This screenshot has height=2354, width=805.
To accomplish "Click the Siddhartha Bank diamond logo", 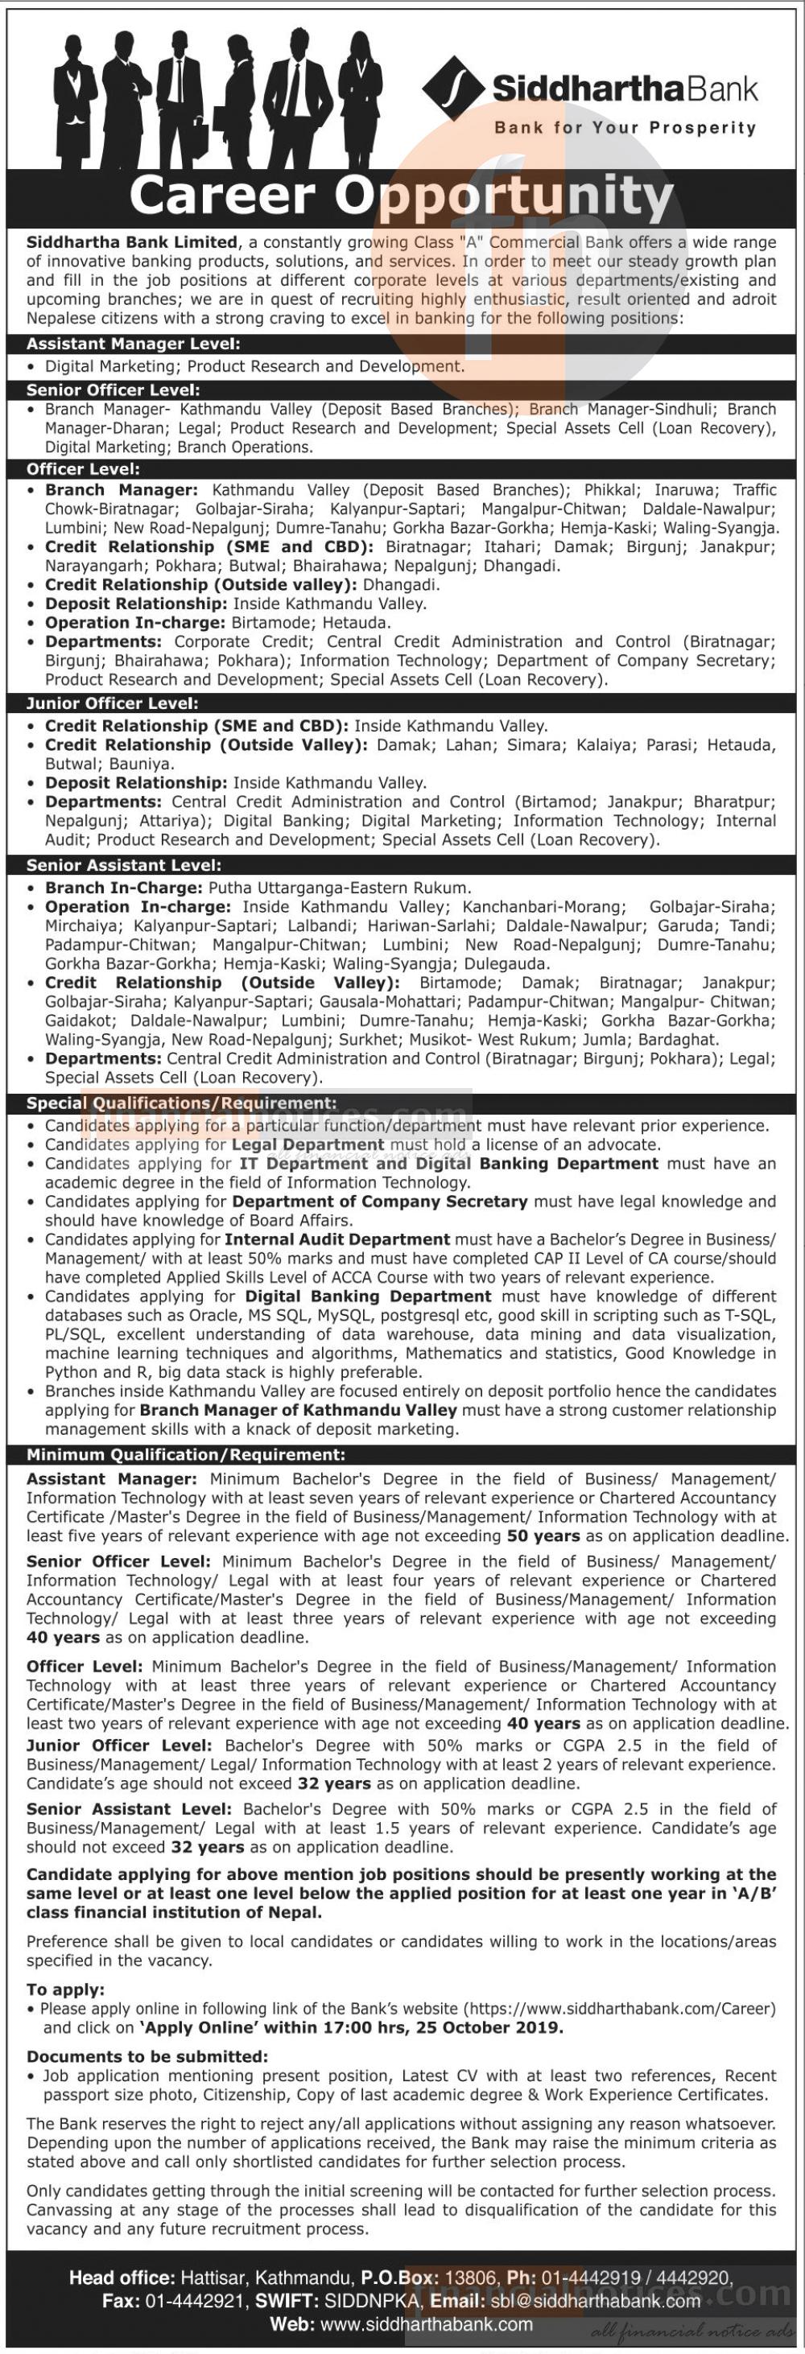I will (x=453, y=88).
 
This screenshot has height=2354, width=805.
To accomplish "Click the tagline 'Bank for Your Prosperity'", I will (x=625, y=128).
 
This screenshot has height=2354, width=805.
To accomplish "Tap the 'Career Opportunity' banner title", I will (x=402, y=196).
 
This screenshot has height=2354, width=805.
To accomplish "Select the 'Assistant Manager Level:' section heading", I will (x=134, y=344).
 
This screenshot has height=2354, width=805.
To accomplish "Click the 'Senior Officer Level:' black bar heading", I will (x=114, y=390).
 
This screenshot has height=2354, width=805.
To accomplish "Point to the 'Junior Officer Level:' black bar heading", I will (x=113, y=703).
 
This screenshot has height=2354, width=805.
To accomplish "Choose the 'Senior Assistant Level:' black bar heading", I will (x=123, y=864).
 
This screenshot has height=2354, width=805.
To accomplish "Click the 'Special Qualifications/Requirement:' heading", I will (x=181, y=1103).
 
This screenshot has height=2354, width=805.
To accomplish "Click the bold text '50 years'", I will (x=543, y=1536).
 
